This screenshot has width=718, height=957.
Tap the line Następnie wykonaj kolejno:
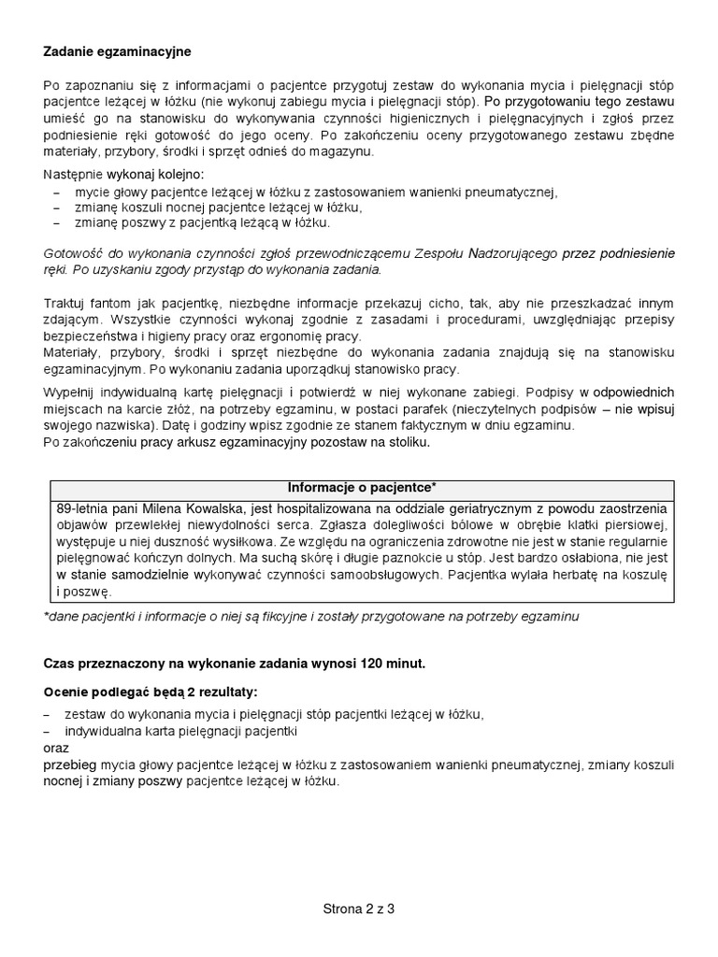click(x=122, y=175)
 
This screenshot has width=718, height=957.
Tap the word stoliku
click(x=406, y=442)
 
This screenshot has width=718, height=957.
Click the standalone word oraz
click(x=57, y=749)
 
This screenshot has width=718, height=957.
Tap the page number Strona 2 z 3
click(x=359, y=907)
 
